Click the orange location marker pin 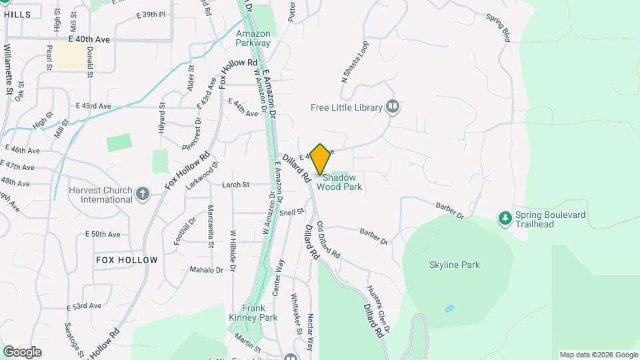[321, 159]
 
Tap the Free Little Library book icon [393, 107]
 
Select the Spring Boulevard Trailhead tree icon [506, 218]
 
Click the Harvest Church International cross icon [142, 194]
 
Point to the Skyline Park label [455, 265]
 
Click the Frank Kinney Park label [251, 313]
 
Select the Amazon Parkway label [253, 38]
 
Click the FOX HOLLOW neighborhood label [127, 259]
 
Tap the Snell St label [291, 212]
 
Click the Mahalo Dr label [206, 269]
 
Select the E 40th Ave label [93, 39]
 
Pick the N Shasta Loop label [355, 62]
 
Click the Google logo [22, 351]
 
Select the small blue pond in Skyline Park [449, 309]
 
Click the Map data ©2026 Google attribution [598, 355]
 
